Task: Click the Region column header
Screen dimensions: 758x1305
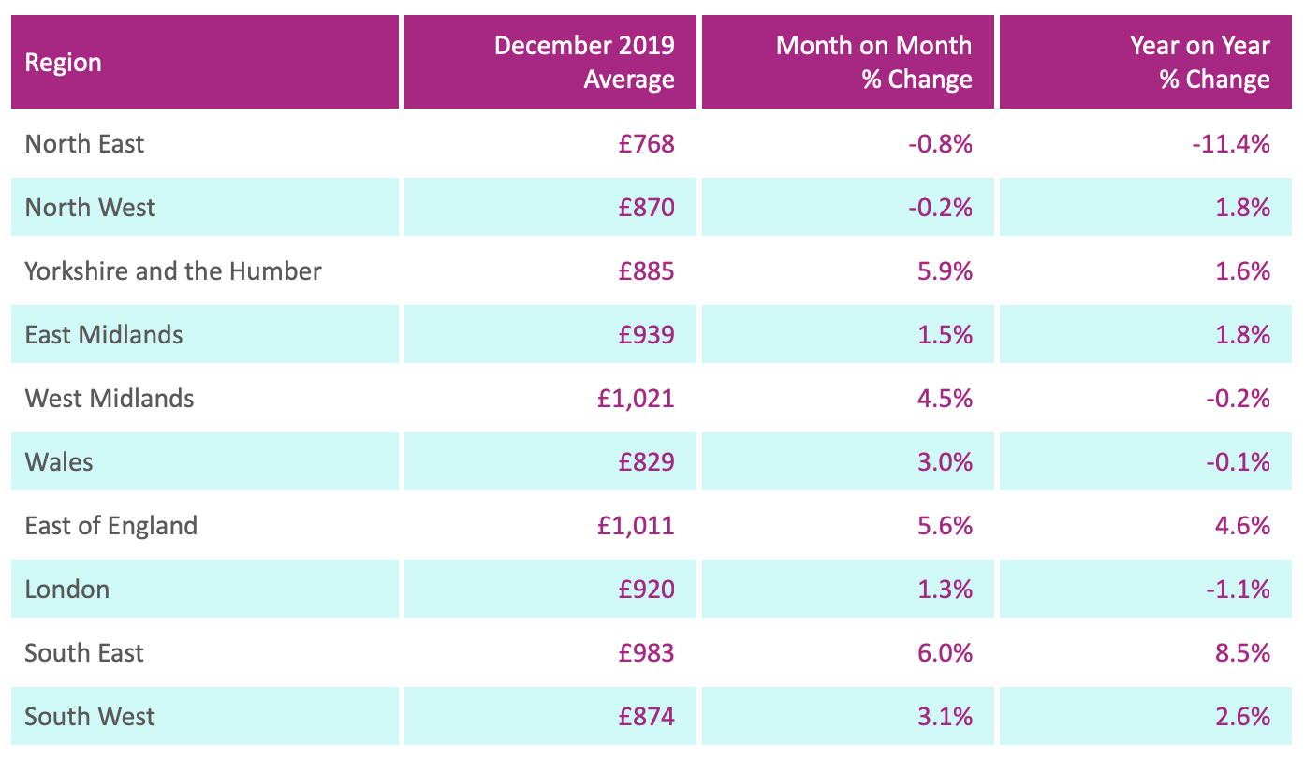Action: (64, 63)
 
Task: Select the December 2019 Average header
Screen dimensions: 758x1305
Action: (584, 63)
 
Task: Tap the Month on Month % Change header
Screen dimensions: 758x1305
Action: (873, 63)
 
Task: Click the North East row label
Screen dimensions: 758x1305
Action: (85, 144)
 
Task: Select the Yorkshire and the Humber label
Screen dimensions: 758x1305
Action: (173, 271)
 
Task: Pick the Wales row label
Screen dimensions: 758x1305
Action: (59, 462)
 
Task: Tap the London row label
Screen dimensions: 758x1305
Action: (67, 590)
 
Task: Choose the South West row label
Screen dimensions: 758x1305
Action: (90, 717)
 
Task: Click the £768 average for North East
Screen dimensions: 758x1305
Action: (646, 144)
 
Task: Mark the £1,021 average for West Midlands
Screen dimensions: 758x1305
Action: (636, 399)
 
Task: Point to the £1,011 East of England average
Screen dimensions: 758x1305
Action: (636, 526)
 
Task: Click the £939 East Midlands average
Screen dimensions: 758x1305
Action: (646, 335)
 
